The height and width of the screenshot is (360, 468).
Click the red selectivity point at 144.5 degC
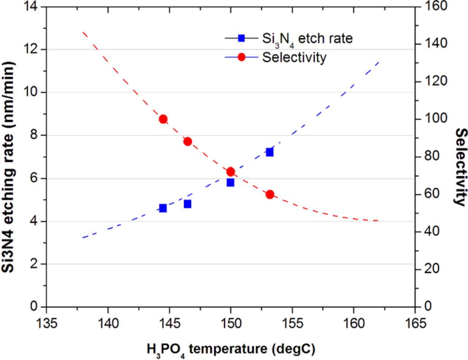click(x=163, y=119)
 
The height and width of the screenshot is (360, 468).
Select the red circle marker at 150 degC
click(x=230, y=172)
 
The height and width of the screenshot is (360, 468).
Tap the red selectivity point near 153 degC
click(x=270, y=194)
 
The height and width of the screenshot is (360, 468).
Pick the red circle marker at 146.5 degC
click(x=188, y=142)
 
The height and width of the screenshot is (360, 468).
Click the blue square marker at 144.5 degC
click(x=163, y=208)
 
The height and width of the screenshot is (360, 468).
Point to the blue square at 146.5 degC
click(x=188, y=204)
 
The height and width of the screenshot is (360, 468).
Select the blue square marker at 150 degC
click(x=230, y=183)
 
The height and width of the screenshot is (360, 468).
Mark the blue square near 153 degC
click(x=270, y=152)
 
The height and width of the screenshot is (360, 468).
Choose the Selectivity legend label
click(x=294, y=57)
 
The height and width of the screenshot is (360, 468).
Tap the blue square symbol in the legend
click(x=241, y=38)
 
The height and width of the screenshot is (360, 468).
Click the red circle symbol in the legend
click(x=241, y=57)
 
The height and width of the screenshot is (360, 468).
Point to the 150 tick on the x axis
click(x=230, y=323)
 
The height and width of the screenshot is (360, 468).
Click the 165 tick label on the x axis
click(x=415, y=323)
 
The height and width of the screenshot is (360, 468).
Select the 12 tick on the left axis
click(x=33, y=49)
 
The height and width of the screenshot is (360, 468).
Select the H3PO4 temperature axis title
click(x=231, y=349)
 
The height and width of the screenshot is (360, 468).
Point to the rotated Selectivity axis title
click(x=461, y=167)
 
